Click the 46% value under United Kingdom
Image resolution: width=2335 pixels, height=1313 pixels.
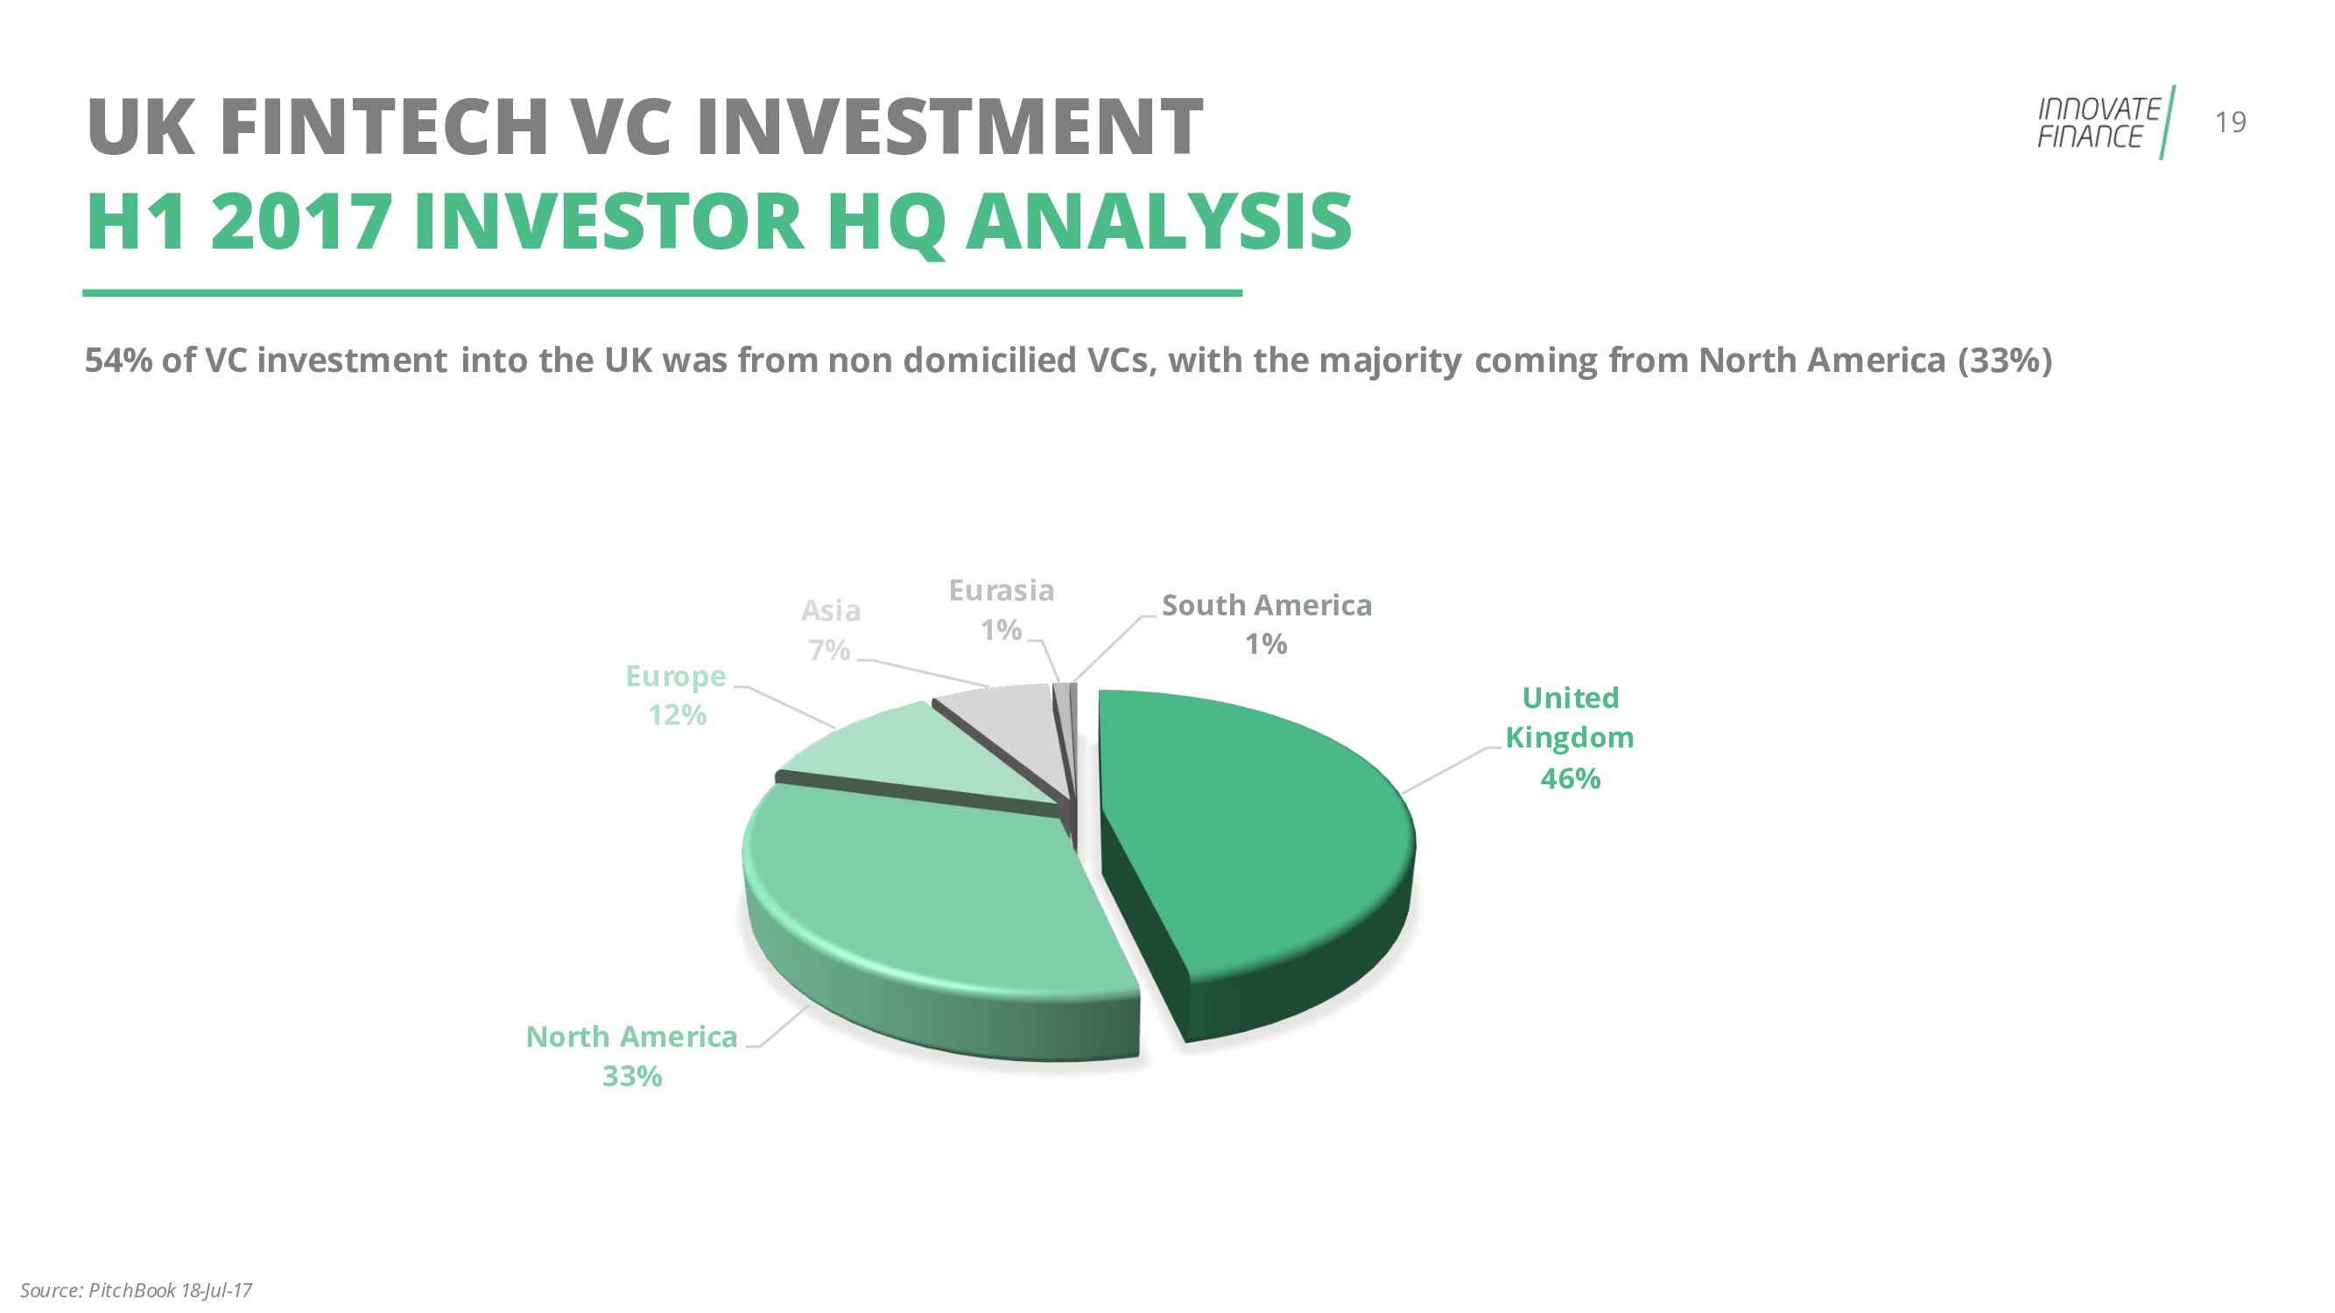[x=1570, y=778]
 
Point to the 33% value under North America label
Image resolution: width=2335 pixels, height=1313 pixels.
[x=632, y=1077]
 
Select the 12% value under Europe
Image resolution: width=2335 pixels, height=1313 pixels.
[x=677, y=715]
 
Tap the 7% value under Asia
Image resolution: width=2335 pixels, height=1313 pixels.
[x=829, y=649]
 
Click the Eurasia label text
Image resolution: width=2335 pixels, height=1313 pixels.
[x=1002, y=591]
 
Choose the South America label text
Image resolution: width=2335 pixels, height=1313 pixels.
[x=1267, y=606]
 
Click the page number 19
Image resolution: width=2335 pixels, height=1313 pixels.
[x=2231, y=123]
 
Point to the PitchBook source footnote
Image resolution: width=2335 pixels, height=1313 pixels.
[x=136, y=1289]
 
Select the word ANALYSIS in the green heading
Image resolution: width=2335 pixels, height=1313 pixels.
[x=1158, y=222]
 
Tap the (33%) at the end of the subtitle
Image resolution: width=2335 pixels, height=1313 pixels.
[x=2004, y=361]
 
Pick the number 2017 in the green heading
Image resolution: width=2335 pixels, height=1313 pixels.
[x=301, y=222]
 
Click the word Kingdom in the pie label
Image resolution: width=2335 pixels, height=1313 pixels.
[x=1570, y=739]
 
